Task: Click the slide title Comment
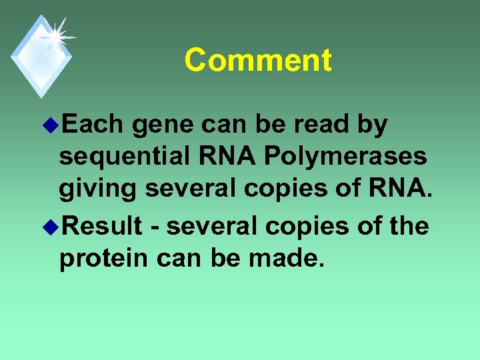coord(257,60)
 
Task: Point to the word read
coord(323,125)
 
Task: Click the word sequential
coord(127,157)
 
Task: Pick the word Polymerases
coord(345,157)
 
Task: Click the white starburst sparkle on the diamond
coord(55,37)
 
